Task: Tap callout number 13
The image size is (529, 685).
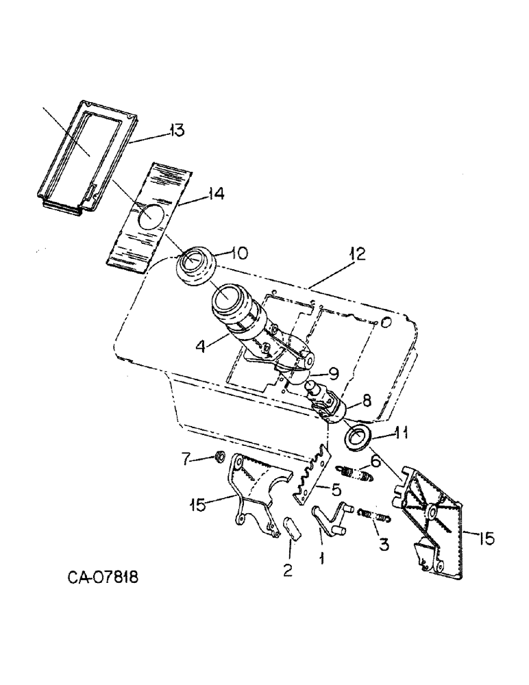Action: coord(177,130)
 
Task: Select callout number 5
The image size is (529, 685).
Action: coord(337,490)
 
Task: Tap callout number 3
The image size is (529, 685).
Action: coord(382,546)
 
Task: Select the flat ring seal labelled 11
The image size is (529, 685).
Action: coord(358,437)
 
